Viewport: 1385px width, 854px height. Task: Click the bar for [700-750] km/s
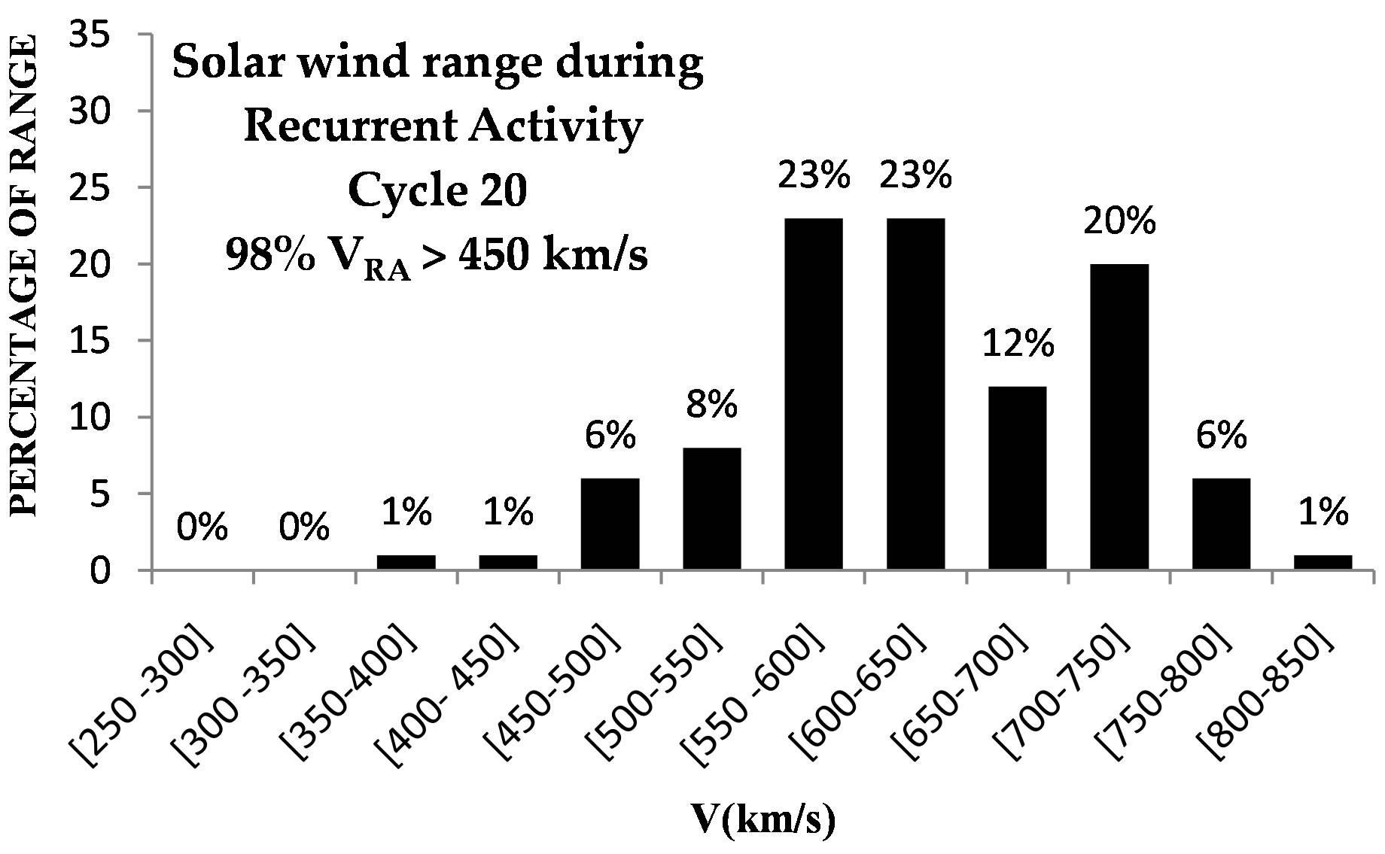pyautogui.click(x=1119, y=417)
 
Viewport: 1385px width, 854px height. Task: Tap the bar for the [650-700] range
pyautogui.click(x=1017, y=478)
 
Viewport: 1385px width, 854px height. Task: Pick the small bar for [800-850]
pyautogui.click(x=1323, y=562)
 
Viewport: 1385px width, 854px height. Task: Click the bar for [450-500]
pyautogui.click(x=610, y=524)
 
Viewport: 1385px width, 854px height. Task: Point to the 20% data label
pyautogui.click(x=1119, y=222)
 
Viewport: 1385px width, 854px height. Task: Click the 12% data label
pyautogui.click(x=1017, y=345)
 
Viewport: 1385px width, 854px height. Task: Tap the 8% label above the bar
pyautogui.click(x=711, y=406)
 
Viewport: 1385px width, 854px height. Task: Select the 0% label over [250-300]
pyautogui.click(x=202, y=529)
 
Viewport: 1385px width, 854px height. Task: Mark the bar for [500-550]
pyautogui.click(x=711, y=509)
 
